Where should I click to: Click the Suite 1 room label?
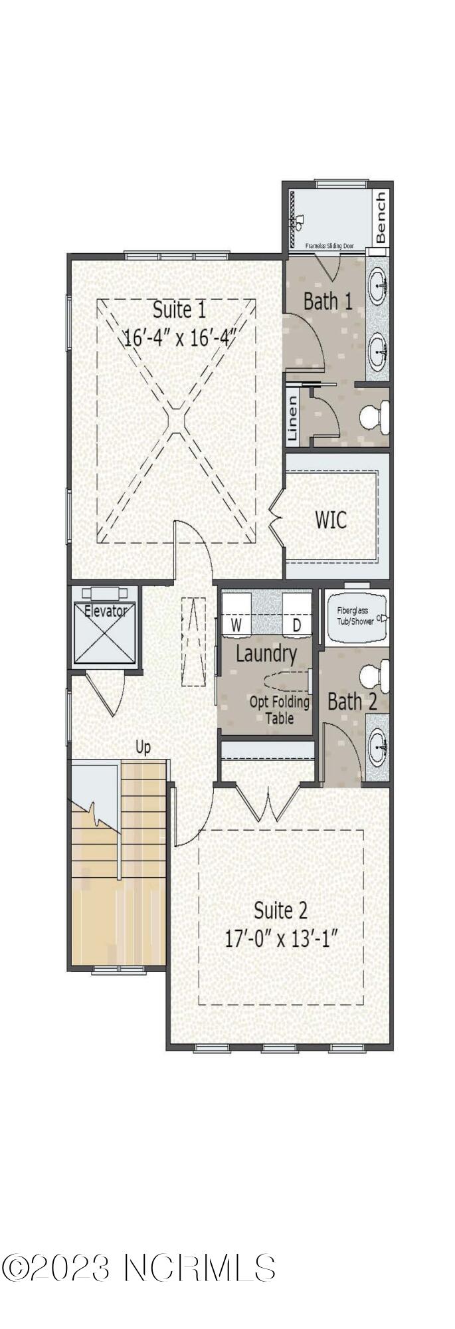(179, 310)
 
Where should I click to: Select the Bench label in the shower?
(380, 217)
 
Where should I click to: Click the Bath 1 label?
(327, 301)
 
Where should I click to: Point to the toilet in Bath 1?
(374, 417)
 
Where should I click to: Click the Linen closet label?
(292, 419)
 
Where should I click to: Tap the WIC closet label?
(331, 519)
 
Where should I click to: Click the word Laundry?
(266, 654)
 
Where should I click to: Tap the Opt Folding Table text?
(280, 710)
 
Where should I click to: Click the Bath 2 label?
(353, 702)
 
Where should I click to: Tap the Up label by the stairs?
(143, 748)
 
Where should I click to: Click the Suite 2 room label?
(281, 910)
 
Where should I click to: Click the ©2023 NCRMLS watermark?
(138, 1269)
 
